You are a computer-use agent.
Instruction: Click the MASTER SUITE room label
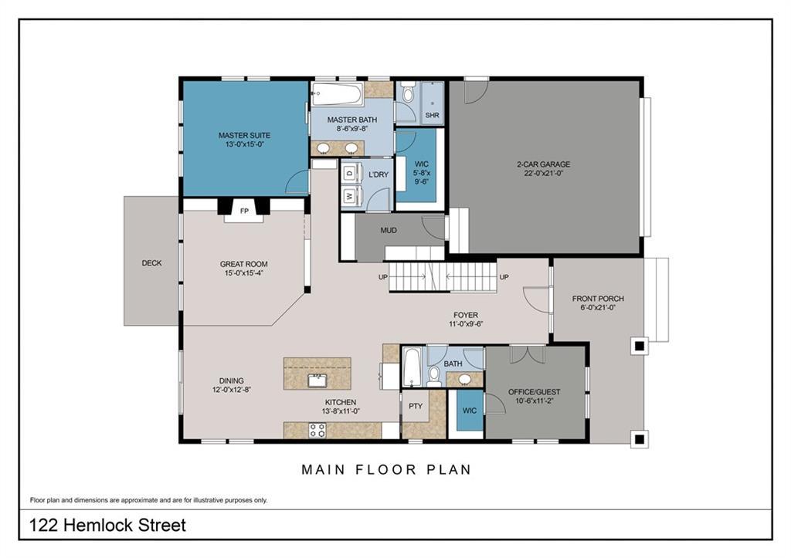(244, 135)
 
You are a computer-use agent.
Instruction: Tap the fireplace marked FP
(244, 211)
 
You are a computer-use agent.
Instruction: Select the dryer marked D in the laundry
(350, 172)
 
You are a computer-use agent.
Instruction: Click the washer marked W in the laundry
(350, 195)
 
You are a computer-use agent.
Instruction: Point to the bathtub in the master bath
(337, 94)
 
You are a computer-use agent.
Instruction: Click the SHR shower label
(433, 116)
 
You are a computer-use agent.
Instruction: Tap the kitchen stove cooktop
(317, 430)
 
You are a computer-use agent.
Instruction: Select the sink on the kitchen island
(317, 380)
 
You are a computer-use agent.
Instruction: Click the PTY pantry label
(416, 406)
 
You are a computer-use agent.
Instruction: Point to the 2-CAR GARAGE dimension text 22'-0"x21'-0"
(543, 173)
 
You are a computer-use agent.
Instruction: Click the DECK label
(152, 263)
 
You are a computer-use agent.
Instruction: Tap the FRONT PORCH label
(598, 299)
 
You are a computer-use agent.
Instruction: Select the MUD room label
(389, 230)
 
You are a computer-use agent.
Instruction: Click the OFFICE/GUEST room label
(535, 391)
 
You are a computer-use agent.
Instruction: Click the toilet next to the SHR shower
(408, 93)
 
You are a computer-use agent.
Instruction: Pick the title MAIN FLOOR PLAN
(386, 470)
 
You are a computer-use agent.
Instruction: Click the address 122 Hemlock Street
(107, 526)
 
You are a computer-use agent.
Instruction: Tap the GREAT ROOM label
(243, 264)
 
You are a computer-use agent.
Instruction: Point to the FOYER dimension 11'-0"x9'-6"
(466, 324)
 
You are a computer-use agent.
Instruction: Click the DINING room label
(232, 380)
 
